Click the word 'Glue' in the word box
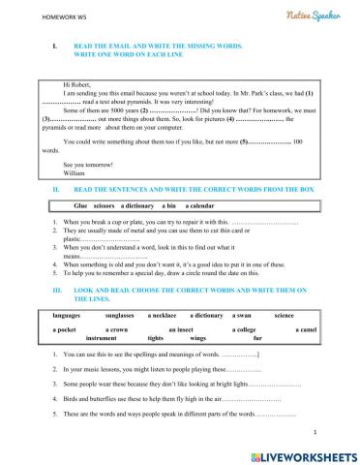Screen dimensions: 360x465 tap(81, 206)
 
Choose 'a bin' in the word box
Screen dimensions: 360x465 tap(170, 206)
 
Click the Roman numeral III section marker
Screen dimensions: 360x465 tap(57, 289)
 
